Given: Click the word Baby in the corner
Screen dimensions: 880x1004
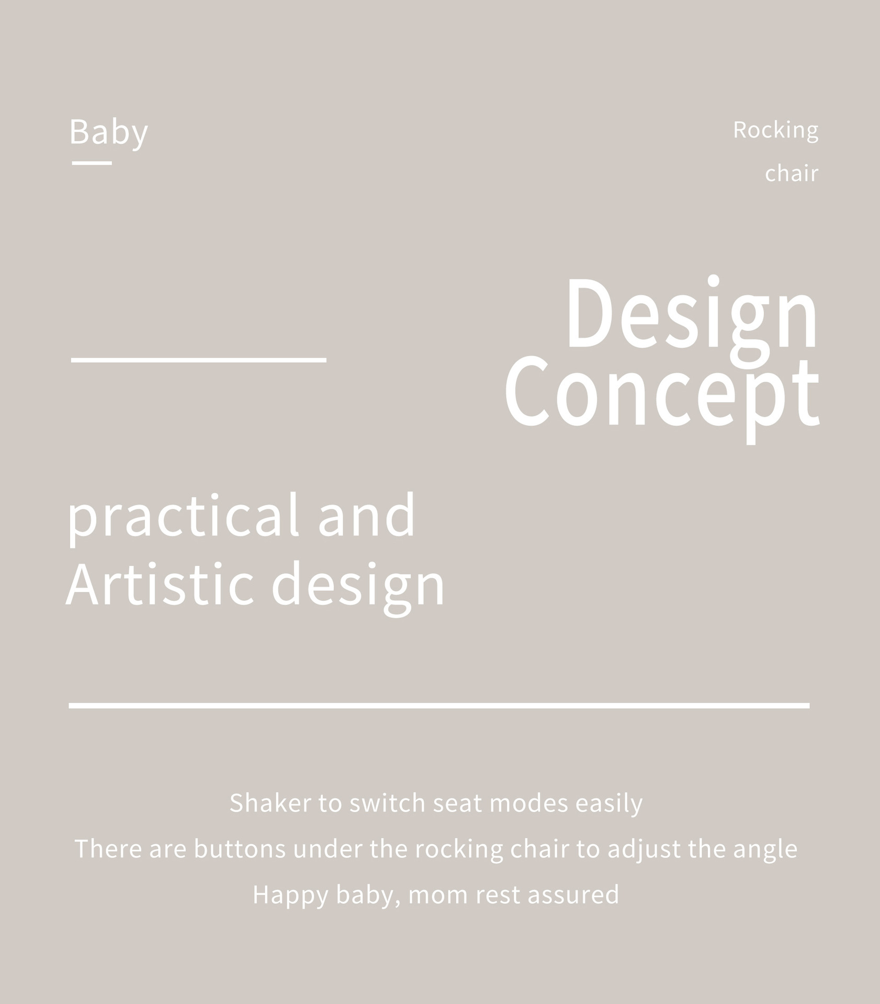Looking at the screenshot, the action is click(109, 133).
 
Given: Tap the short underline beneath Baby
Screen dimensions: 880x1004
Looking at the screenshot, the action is click(92, 163).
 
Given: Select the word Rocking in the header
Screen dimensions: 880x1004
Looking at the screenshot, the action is click(776, 131).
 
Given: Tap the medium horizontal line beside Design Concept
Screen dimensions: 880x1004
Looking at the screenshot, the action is click(199, 360).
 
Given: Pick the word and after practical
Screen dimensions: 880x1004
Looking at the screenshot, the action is click(367, 515).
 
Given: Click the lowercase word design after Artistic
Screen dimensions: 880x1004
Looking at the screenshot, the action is click(358, 587).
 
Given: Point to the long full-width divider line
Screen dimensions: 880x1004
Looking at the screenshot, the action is click(439, 705).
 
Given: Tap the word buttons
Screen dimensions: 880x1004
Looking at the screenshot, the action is click(240, 849).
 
